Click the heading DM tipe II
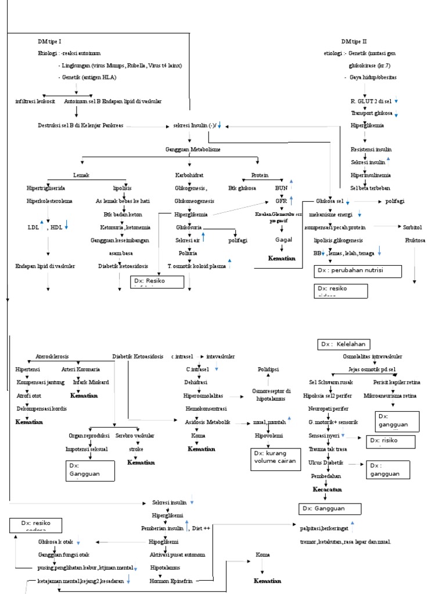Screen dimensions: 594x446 [354, 42]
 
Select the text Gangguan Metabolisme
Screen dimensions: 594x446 [193, 150]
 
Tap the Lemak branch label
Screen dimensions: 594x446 [81, 175]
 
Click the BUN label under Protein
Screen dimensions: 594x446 [281, 188]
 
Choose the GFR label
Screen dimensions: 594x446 [281, 201]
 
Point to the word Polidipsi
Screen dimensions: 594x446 [269, 369]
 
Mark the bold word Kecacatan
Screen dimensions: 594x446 [327, 490]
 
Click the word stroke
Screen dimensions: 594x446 [136, 448]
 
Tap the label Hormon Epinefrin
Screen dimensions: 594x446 [171, 580]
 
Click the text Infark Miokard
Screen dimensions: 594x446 [87, 382]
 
